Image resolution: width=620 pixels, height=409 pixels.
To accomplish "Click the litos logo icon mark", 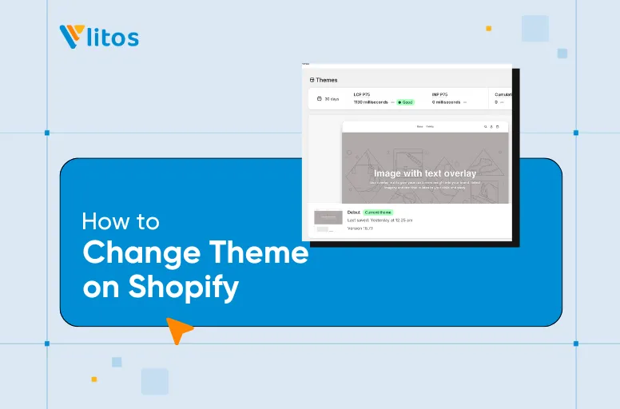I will tap(71, 37).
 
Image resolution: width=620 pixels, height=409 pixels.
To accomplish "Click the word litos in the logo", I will tap(113, 37).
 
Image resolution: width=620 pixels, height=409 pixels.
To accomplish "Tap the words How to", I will tap(121, 220).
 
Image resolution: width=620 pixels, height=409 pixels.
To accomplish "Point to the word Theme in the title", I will tap(259, 252).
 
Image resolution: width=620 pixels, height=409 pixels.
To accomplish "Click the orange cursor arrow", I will tap(178, 328).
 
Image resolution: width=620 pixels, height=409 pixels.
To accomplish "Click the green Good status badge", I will tap(406, 102).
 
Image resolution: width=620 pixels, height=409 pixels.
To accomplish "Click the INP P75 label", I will tap(442, 94).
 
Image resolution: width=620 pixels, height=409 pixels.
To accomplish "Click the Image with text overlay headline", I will tap(424, 173).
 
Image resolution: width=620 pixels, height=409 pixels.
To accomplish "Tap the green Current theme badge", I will tap(378, 212).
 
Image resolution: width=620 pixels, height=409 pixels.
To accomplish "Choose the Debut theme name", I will tap(353, 212).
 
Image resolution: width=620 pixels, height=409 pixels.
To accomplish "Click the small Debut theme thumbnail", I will tap(328, 216).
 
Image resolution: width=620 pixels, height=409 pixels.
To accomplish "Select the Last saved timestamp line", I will tap(380, 220).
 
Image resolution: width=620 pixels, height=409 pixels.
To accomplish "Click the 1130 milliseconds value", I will tap(371, 102).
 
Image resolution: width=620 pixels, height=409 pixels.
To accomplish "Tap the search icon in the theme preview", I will tap(484, 126).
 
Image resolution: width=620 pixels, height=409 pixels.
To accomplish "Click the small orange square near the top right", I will tap(488, 28).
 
